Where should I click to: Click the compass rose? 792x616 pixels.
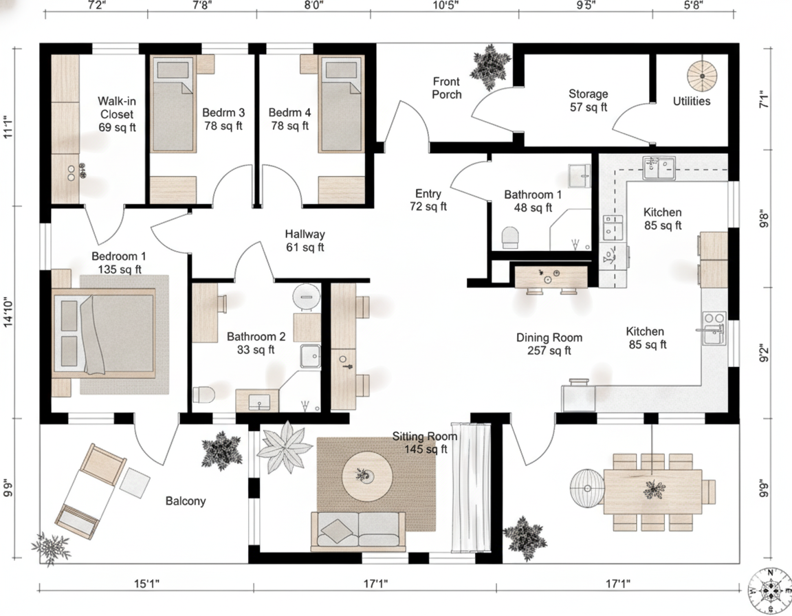pos(770,591)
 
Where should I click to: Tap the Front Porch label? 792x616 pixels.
pos(446,88)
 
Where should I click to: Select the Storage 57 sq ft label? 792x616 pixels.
pos(588,100)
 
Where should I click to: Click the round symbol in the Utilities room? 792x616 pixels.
pos(702,76)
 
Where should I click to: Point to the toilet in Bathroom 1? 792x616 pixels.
pos(510,237)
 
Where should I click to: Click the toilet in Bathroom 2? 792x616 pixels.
pos(204,395)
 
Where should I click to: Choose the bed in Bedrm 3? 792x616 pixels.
pos(173,104)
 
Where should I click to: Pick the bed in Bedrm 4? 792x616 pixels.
pos(342,104)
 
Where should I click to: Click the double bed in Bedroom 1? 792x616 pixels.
pos(104,333)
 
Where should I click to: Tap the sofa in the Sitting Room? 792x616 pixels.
pos(358,531)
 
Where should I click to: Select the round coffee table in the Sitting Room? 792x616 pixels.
pos(367,476)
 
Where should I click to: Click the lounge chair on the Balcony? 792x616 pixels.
pos(91,492)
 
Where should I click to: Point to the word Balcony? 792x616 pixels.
pos(186,501)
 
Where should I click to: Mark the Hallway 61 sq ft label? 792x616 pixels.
pos(305,241)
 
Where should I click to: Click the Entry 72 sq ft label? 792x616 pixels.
pos(428,200)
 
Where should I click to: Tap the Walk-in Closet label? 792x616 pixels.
pos(117,114)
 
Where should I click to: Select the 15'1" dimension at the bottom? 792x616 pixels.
pos(146,584)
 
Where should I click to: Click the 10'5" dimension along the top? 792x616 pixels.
pos(445,5)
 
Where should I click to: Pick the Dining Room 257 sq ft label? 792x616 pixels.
pos(549,344)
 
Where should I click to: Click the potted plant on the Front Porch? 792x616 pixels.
pos(489,66)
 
